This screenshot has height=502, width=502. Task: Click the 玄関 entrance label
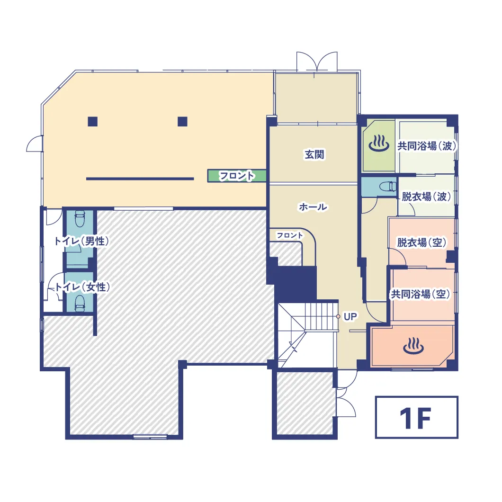point(314,155)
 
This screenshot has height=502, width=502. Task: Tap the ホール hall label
point(313,207)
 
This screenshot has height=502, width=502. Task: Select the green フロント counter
point(237,176)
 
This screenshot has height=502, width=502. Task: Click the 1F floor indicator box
point(417,418)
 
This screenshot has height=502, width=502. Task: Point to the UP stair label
point(350,317)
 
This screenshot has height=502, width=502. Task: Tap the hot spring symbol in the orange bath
point(413,346)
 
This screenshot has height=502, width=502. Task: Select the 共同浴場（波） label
point(427,146)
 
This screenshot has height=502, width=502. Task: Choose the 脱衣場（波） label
point(426,197)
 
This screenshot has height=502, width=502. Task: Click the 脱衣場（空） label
point(421,242)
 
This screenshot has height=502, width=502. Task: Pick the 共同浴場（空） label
point(421,294)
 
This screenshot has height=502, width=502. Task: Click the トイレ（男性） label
point(81,241)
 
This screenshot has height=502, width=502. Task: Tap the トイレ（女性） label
point(82,287)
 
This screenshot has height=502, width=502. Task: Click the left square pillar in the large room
point(92,122)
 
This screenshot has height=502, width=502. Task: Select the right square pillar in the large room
point(182,122)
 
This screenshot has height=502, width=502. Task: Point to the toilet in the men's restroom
point(80,219)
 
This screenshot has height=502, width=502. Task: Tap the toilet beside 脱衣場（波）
point(388,186)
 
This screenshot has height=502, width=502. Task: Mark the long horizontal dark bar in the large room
point(140,179)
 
